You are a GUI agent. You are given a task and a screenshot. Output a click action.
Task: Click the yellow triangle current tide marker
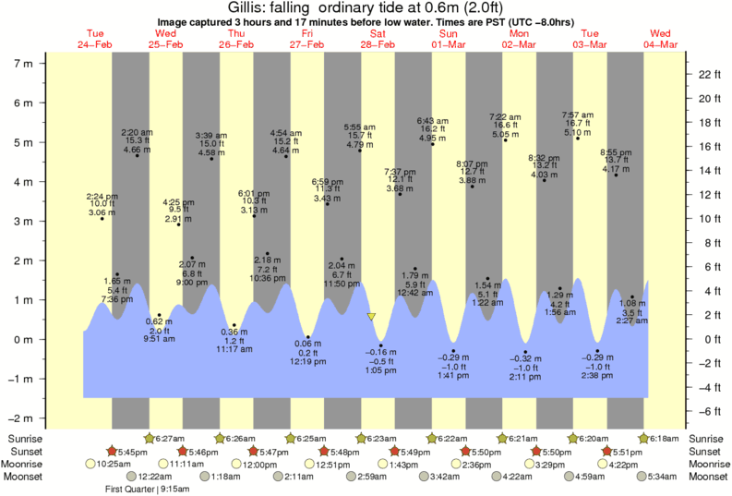pyautogui.click(x=371, y=316)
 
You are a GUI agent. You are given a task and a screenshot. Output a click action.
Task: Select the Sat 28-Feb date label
pyautogui.click(x=378, y=38)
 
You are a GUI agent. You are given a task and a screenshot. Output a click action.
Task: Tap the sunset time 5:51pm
pyautogui.click(x=630, y=451)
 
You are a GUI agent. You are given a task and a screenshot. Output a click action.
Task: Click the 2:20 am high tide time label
pyautogui.click(x=137, y=132)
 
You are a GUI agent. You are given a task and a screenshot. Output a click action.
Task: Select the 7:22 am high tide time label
pyautogui.click(x=507, y=116)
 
